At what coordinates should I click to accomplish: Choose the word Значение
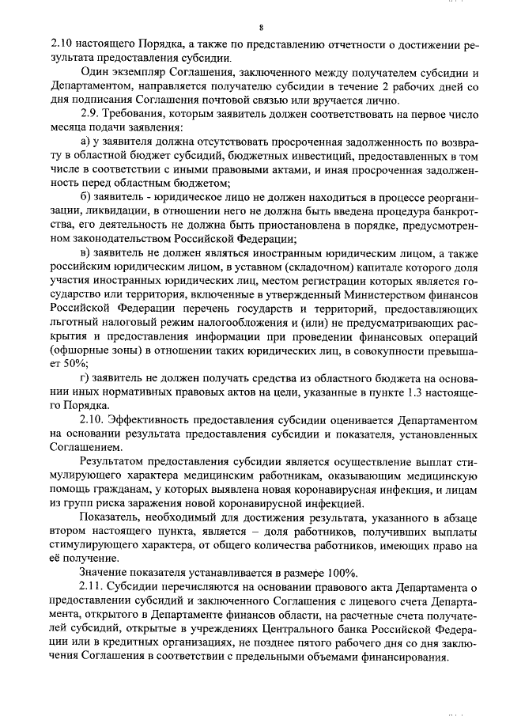(104, 572)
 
